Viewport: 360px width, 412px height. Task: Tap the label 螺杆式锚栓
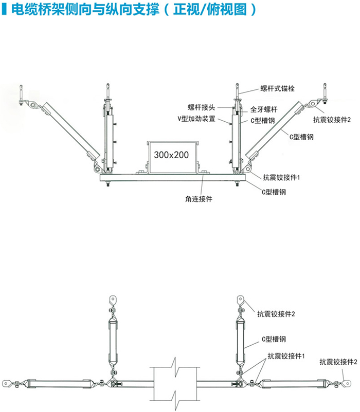tap(277, 88)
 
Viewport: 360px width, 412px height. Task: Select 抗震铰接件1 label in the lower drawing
tap(286, 355)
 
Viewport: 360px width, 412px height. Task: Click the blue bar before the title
tap(4, 10)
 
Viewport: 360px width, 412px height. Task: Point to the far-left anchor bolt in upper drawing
tap(20, 95)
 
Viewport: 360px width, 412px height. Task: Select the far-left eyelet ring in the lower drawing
tap(6, 382)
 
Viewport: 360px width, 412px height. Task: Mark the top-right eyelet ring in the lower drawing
tap(240, 299)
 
